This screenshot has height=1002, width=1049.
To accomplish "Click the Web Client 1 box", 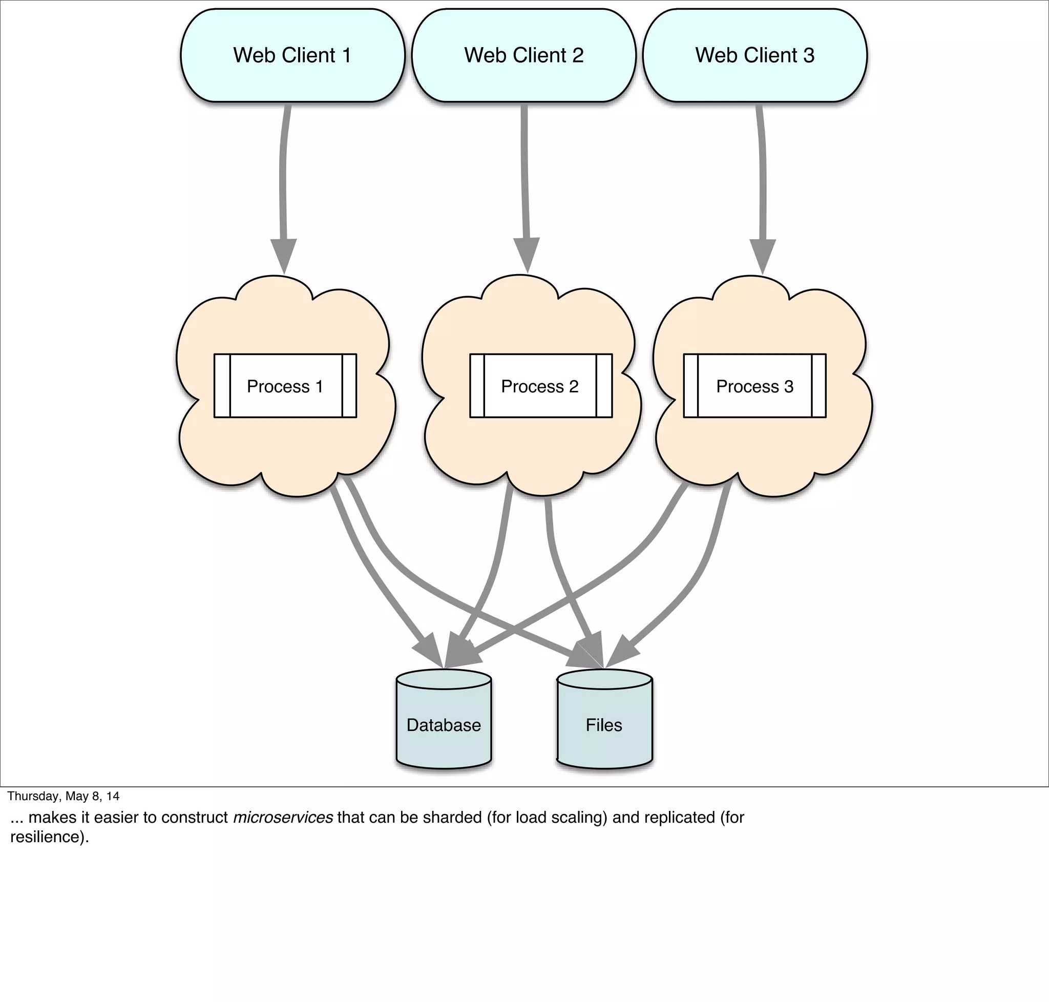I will point(292,55).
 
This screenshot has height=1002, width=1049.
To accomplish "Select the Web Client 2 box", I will point(523,55).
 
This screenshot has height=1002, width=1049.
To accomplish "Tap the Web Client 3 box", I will point(754,55).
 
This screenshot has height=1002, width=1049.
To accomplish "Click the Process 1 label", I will point(285,386).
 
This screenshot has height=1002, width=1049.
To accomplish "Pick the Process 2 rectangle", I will point(540,386).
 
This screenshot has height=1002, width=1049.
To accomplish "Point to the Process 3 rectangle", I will point(754,386).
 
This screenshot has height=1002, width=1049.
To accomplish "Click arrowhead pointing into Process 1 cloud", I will point(284,255).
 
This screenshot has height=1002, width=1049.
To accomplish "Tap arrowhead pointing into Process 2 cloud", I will point(527,254).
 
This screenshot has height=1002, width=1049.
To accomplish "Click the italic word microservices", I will point(283,817).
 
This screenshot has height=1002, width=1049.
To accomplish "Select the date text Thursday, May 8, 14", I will point(63,796).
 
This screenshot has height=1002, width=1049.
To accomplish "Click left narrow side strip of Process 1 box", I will point(222,386).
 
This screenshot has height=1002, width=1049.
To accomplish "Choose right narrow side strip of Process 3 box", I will point(819,386).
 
